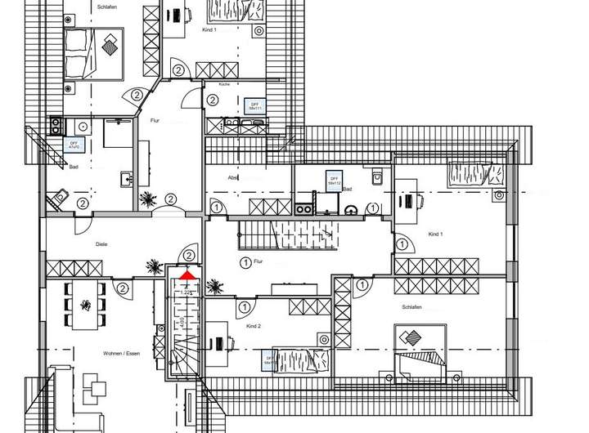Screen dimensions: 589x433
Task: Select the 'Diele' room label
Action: tap(101, 243)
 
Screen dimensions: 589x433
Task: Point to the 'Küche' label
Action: tap(223, 84)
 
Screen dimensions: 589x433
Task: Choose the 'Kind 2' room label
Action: tap(253, 326)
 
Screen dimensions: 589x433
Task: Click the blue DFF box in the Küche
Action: tap(254, 105)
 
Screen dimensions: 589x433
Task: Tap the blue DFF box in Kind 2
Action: tap(270, 359)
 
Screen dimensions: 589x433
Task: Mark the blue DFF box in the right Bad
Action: tap(334, 181)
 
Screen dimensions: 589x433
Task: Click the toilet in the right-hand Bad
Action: tap(377, 177)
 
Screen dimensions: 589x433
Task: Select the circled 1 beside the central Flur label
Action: tap(244, 262)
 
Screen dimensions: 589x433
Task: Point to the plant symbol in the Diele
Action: tap(151, 266)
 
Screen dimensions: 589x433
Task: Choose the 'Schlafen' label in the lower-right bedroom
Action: tap(411, 307)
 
